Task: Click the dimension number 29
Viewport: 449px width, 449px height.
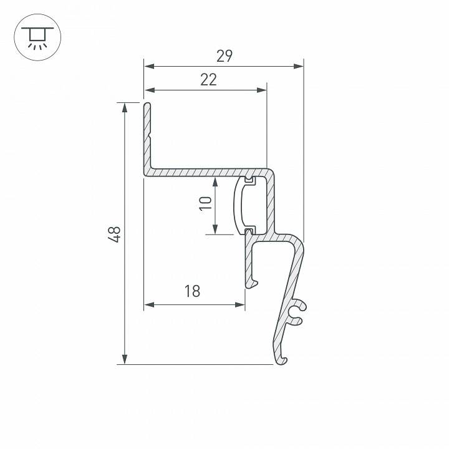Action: (224, 56)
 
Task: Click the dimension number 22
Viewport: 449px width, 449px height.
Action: (208, 80)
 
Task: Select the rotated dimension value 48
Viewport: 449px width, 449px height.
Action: (114, 234)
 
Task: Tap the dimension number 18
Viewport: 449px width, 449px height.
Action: (192, 291)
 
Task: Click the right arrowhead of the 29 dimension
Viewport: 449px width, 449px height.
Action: (299, 65)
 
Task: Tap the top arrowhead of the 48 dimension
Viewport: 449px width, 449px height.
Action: (125, 107)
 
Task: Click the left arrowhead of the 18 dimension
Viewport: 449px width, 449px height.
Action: (149, 305)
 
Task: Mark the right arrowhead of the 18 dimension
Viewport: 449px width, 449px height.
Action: (240, 305)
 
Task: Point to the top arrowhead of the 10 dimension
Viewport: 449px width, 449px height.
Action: (215, 181)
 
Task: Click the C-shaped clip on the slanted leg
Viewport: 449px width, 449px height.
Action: (297, 313)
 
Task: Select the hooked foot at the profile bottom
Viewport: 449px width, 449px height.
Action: (282, 358)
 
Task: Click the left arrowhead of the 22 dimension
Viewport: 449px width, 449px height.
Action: (148, 90)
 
